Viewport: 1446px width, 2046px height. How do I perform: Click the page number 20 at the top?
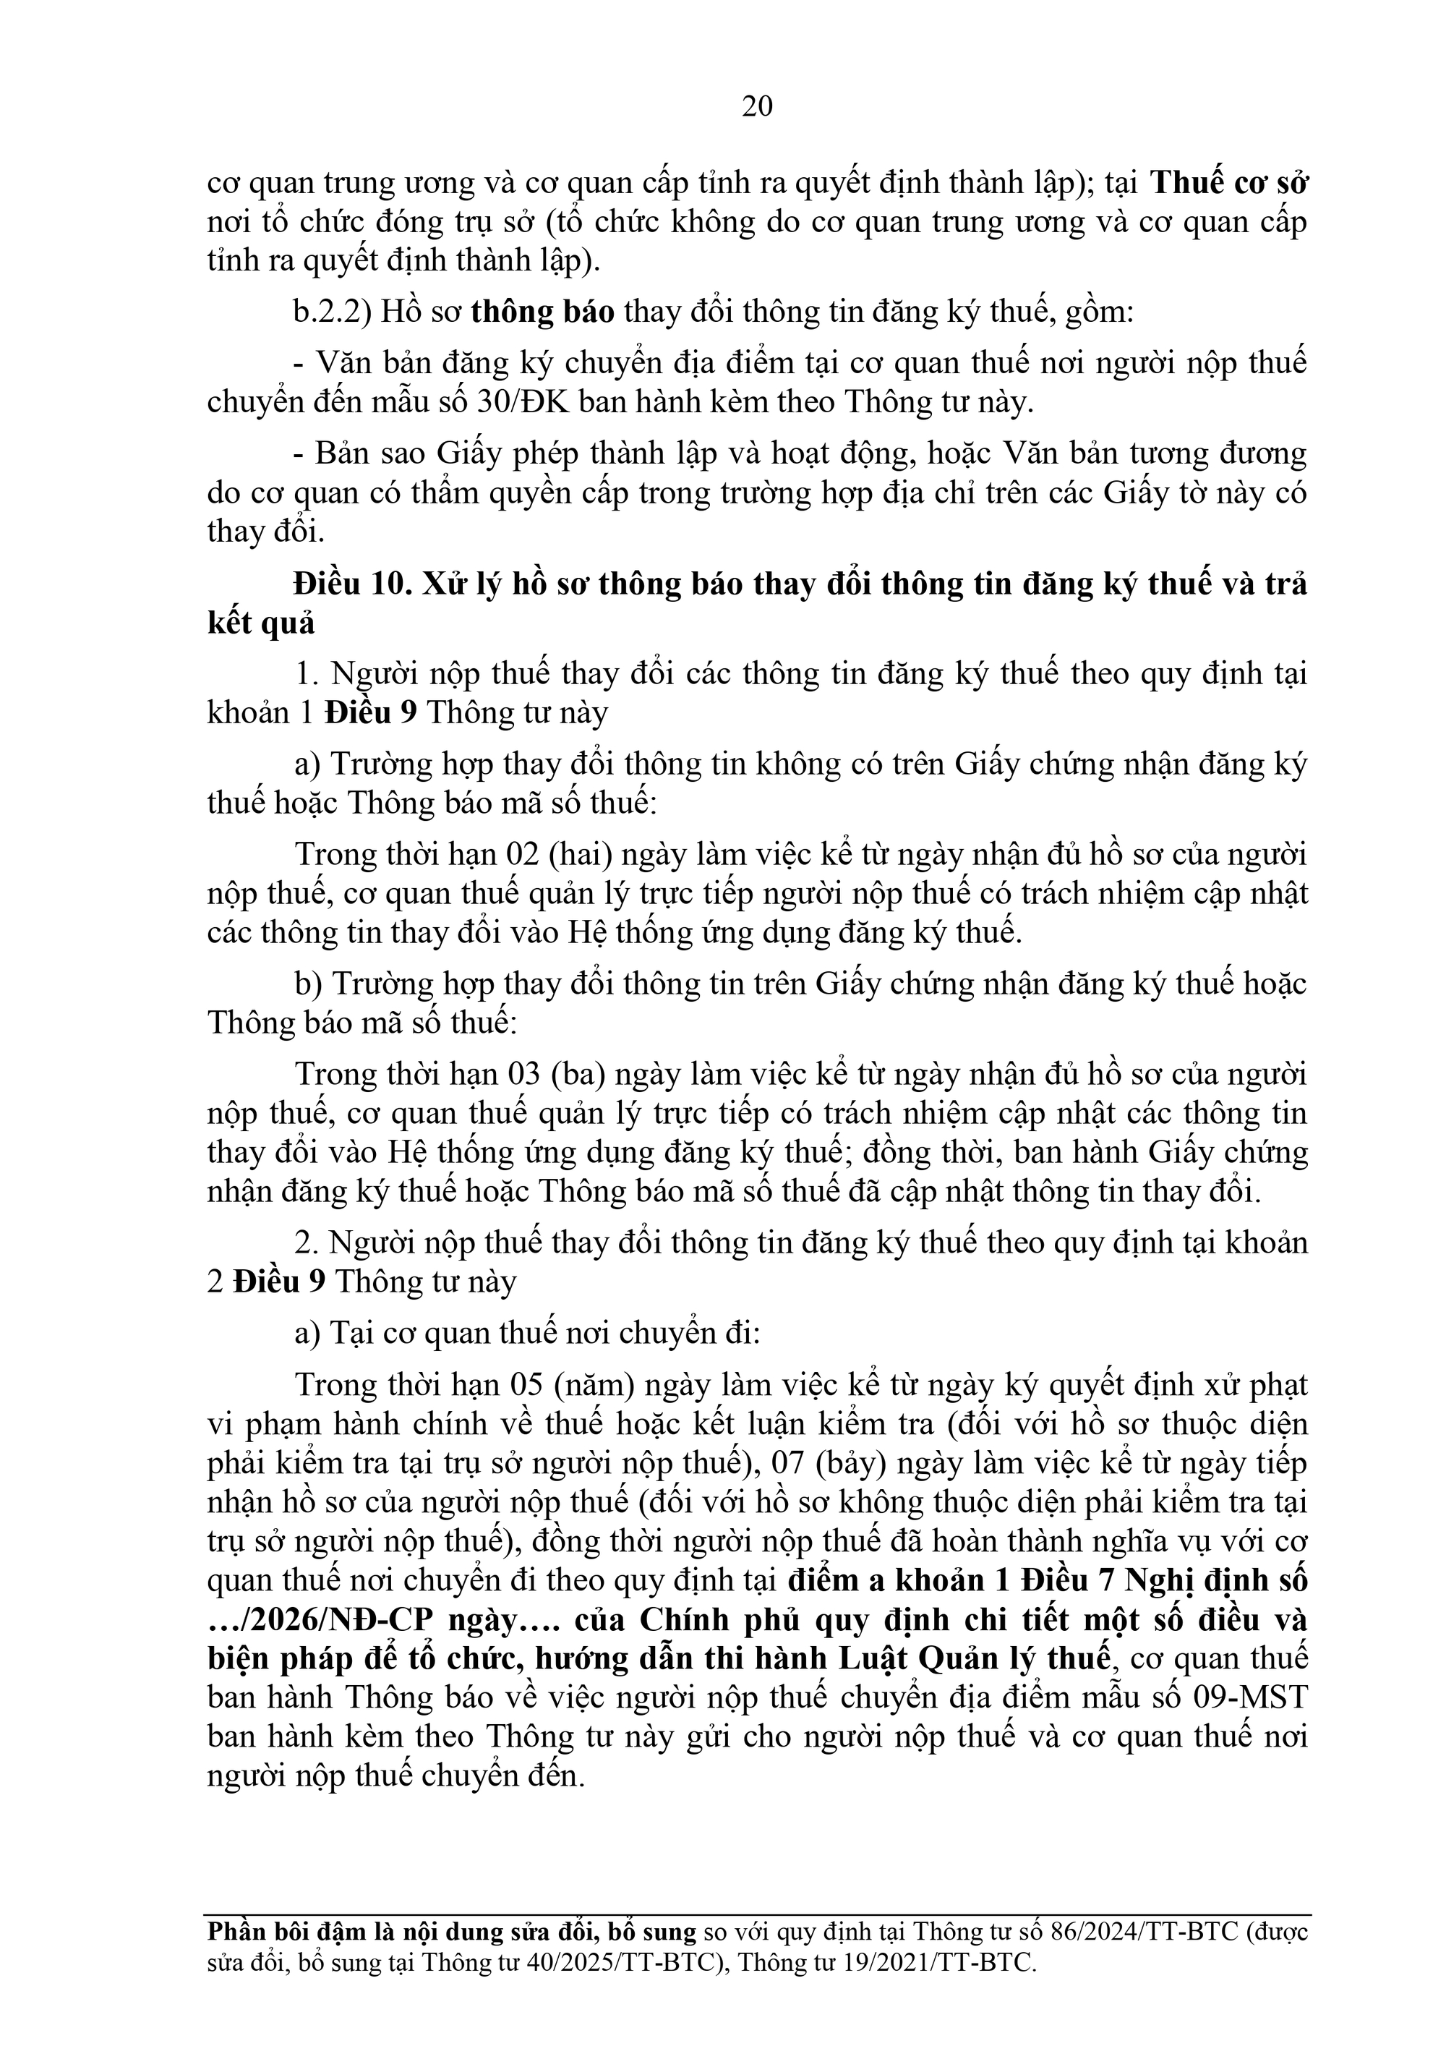click(756, 107)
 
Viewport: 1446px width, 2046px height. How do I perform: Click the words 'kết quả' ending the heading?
click(261, 623)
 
